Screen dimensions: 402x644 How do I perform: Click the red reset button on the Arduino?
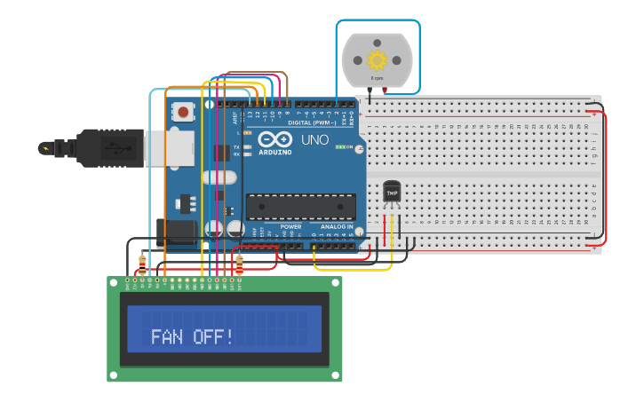[183, 112]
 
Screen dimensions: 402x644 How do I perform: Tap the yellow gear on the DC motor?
[378, 59]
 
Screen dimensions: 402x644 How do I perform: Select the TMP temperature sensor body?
[392, 192]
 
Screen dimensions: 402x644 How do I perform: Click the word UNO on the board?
[314, 140]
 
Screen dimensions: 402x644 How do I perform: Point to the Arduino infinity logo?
[274, 139]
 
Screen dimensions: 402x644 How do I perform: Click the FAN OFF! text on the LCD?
[192, 337]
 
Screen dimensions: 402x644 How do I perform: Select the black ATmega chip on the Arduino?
[300, 206]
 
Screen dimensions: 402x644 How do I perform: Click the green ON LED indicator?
[341, 146]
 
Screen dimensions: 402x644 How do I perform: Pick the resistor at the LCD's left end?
[142, 264]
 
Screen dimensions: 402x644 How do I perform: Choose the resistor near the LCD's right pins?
[239, 264]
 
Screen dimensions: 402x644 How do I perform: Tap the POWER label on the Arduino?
[290, 227]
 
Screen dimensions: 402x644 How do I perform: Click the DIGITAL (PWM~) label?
[311, 122]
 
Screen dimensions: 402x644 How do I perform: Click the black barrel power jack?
[176, 232]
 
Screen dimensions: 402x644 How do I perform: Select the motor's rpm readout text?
[378, 78]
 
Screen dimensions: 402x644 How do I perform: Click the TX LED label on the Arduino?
[236, 146]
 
